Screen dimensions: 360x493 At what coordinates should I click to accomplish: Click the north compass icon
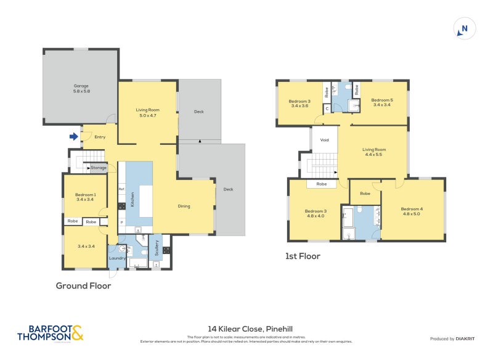click(464, 28)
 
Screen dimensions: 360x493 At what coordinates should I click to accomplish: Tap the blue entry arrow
click(74, 136)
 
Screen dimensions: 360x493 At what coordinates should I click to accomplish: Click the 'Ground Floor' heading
click(83, 285)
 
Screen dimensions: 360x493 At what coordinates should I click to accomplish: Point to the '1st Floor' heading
click(303, 256)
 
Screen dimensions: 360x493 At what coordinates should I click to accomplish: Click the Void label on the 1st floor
click(325, 140)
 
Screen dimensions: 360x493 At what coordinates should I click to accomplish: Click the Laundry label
click(117, 258)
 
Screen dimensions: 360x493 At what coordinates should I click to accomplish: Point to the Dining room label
click(184, 206)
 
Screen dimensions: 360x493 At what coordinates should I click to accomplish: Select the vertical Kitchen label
click(132, 198)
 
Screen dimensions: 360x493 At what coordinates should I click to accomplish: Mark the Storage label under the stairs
click(99, 167)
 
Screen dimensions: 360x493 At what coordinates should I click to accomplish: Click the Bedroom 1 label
click(84, 197)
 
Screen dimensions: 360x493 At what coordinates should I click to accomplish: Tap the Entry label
click(100, 137)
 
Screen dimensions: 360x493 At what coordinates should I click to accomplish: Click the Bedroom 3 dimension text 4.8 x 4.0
click(316, 216)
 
